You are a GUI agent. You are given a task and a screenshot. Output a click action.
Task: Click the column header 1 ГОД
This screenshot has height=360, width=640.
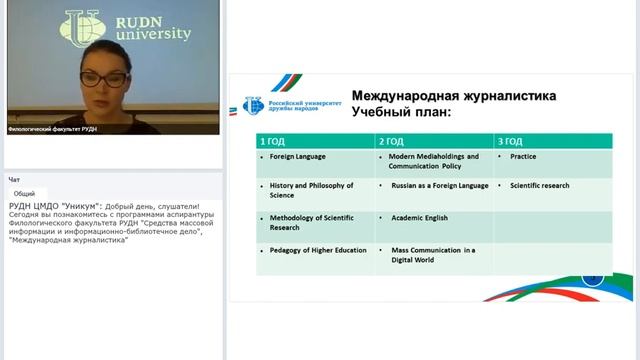[273, 141]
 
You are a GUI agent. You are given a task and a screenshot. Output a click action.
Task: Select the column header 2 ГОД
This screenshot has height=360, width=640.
[392, 141]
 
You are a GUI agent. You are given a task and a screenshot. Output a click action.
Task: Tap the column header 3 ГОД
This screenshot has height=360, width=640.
[510, 141]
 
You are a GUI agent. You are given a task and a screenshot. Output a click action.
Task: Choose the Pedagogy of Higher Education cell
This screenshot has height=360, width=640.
[312, 250]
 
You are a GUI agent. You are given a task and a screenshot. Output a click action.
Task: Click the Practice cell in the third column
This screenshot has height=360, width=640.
[523, 157]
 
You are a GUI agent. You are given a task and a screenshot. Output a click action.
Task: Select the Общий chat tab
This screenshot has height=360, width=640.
[25, 193]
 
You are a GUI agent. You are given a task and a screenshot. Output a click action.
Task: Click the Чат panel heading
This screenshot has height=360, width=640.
[14, 180]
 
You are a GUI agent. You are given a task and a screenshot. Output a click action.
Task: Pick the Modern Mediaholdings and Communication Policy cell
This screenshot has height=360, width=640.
[434, 161]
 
